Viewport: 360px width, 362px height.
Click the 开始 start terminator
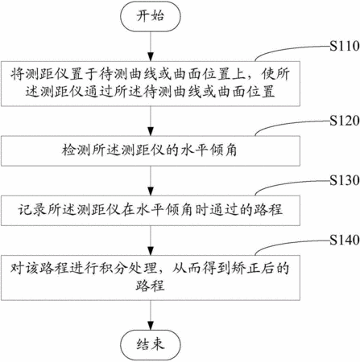click(151, 16)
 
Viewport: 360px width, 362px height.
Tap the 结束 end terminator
click(151, 344)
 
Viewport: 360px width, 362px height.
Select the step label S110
click(345, 46)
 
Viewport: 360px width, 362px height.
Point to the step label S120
click(345, 121)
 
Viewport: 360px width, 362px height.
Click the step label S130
click(345, 180)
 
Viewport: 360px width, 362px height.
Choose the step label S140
click(345, 240)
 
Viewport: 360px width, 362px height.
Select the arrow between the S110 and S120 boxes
click(151, 121)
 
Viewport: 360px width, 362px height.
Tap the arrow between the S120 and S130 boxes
click(151, 181)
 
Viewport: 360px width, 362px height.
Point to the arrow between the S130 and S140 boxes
click(151, 241)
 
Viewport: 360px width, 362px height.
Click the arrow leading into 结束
click(151, 315)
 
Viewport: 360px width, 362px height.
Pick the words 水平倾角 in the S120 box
click(209, 150)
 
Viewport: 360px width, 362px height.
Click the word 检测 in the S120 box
click(76, 150)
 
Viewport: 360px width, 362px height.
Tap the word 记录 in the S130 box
click(32, 210)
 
